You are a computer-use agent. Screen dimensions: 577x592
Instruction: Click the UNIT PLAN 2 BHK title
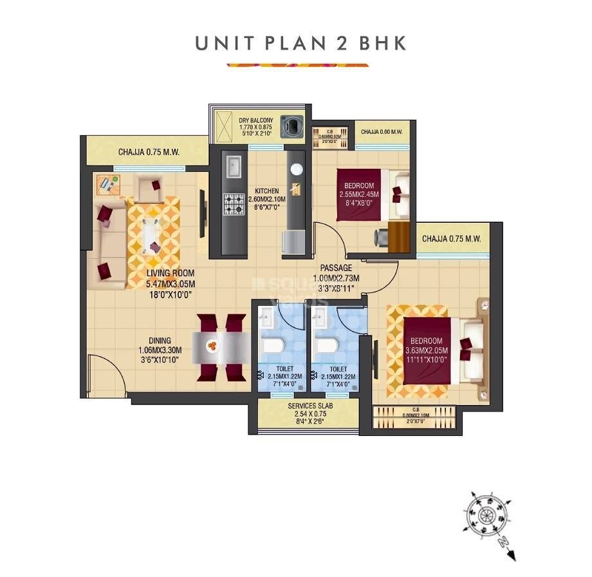coord(301,44)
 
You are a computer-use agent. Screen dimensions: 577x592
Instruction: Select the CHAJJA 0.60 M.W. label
coord(382,132)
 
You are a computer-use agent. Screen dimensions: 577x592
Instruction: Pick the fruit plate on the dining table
coord(213,347)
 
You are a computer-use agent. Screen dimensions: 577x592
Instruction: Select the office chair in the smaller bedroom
coord(382,238)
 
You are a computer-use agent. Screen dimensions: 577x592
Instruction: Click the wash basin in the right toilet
coord(319,317)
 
